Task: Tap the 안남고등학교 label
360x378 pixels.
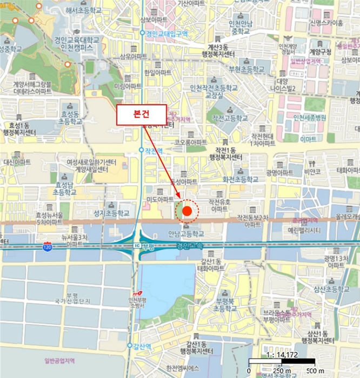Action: tap(186, 234)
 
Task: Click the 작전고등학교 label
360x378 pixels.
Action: tap(230, 118)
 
